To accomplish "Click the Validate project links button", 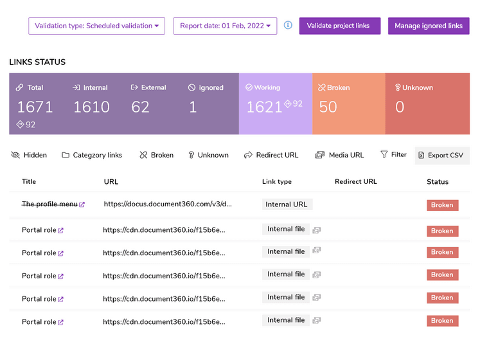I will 339,26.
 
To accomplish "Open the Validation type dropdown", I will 96,26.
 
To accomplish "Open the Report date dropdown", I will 225,26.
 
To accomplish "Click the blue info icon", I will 288,25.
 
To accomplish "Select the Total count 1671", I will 35,107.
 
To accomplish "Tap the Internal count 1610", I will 91,107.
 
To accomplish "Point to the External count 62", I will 140,107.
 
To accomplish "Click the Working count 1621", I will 264,107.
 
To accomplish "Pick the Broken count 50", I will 328,107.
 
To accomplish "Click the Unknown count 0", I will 400,107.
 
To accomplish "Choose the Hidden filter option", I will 30,155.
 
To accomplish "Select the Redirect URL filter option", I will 271,155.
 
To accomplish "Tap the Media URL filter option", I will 339,155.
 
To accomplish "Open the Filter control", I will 393,154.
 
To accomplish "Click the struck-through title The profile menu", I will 49,204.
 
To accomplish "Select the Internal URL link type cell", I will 287,204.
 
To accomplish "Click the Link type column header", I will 277,182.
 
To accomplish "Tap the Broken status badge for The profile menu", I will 442,205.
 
